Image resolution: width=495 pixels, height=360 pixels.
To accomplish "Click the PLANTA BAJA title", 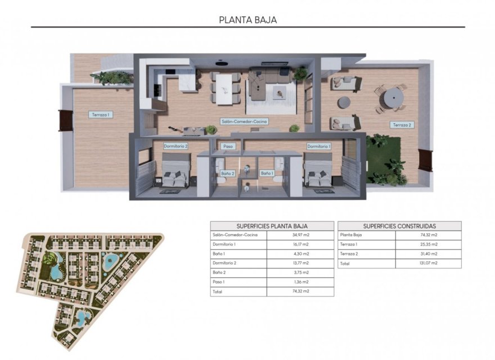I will (x=247, y=20).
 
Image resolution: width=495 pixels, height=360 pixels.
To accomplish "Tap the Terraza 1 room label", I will (x=101, y=115).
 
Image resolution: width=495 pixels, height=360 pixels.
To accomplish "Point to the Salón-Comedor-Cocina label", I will (x=244, y=121).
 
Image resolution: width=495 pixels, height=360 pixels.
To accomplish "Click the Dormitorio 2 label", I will (x=175, y=146).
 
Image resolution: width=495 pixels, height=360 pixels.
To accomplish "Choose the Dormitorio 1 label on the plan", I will (x=319, y=146).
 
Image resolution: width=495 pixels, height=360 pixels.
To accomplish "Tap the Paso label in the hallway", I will (x=228, y=146).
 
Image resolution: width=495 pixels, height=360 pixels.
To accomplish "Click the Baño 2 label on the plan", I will (x=227, y=173).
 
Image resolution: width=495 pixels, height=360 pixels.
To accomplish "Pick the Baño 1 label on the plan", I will (x=267, y=173).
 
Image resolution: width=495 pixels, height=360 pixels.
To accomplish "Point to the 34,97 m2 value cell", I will (x=300, y=235).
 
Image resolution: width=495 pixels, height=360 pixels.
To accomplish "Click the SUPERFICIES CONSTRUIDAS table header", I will (x=399, y=226).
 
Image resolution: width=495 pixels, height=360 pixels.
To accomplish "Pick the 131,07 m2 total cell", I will (x=429, y=263).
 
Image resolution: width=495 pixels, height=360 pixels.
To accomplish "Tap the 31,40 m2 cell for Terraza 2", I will (x=429, y=254).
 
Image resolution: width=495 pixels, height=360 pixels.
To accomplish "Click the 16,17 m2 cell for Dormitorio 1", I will (x=300, y=245).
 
